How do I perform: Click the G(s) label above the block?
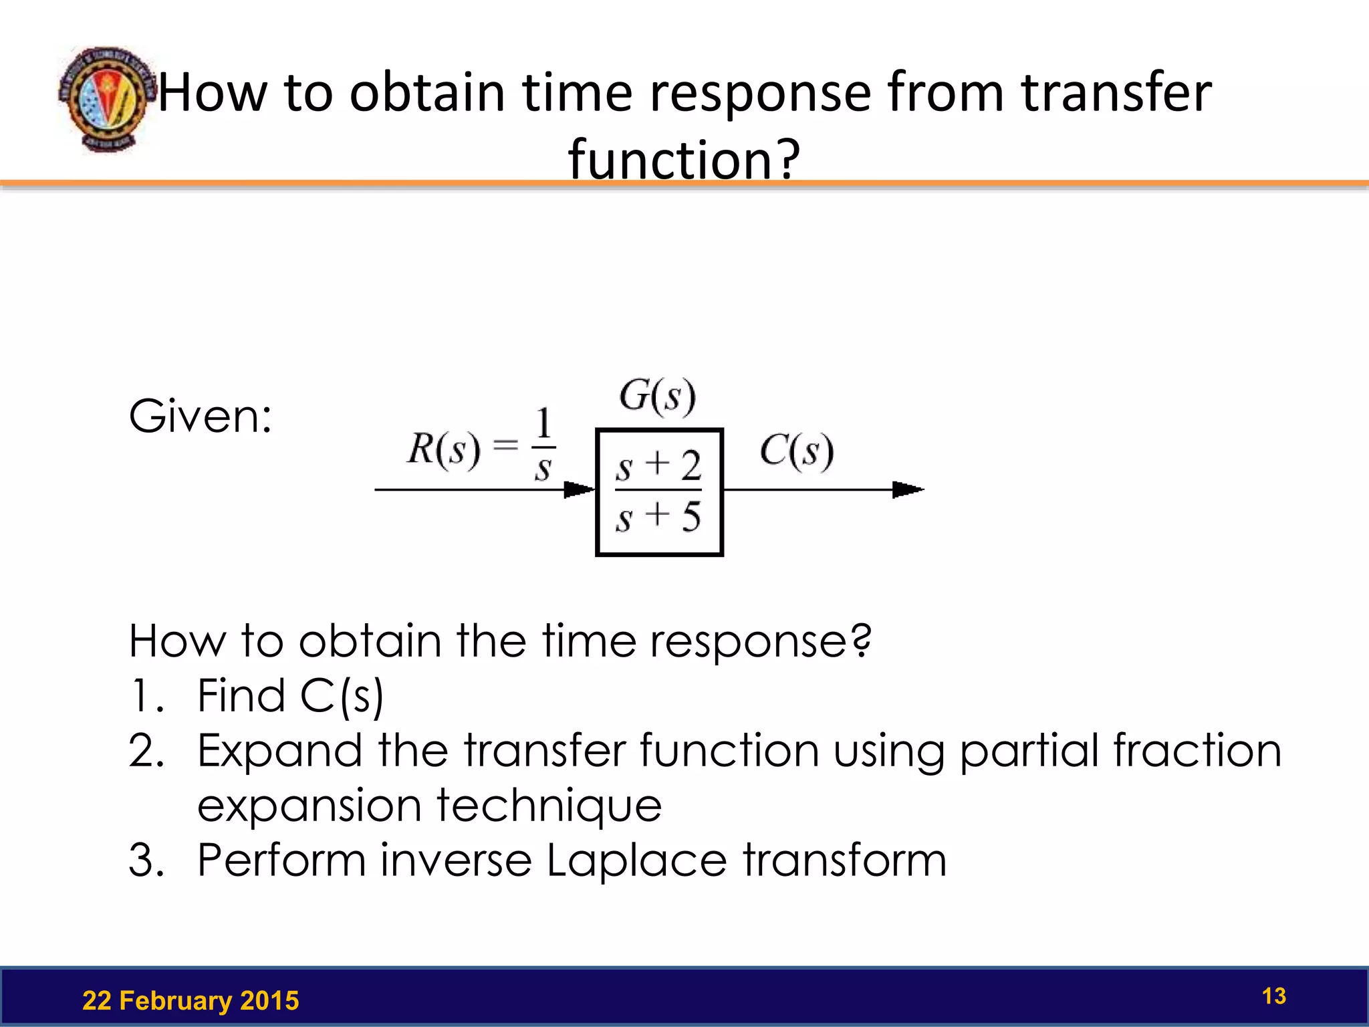657,396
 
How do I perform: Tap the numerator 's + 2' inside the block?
658,465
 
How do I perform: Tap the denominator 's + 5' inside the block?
658,517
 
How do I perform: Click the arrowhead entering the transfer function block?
578,489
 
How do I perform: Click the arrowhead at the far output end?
908,489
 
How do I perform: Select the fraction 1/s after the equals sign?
543,445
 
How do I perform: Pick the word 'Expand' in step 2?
279,750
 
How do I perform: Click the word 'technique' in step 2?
549,805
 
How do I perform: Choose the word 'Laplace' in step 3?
636,860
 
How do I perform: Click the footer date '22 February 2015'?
191,1000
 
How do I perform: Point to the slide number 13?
1273,996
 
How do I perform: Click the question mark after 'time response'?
862,640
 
